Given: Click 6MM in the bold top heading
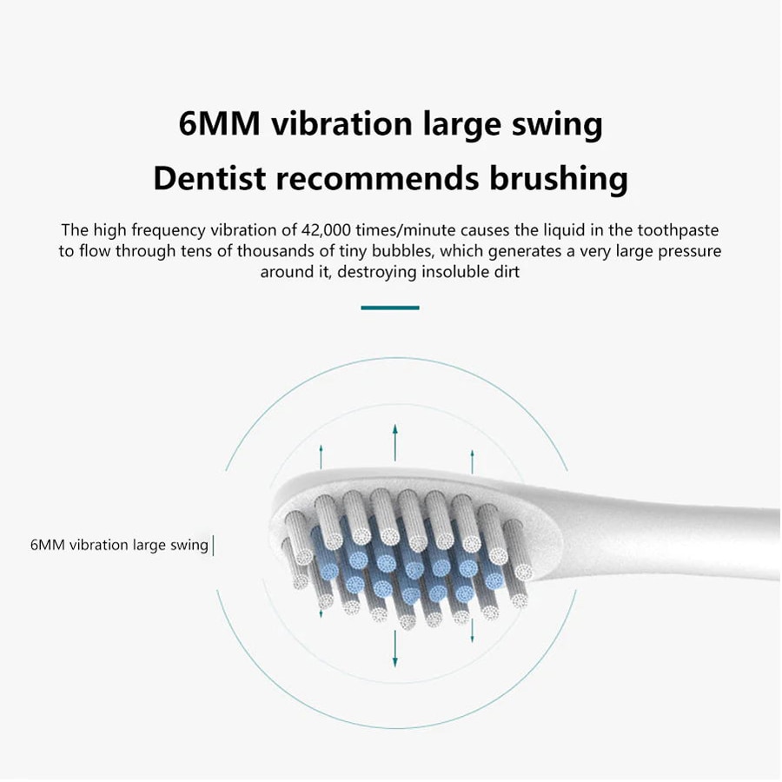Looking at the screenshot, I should click(x=219, y=123).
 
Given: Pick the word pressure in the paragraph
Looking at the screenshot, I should click(x=687, y=251).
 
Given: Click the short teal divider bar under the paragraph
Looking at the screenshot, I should click(x=390, y=308).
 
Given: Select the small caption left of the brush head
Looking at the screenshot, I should click(x=119, y=546).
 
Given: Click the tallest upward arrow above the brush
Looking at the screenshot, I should click(x=394, y=442).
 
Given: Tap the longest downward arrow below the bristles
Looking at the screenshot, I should click(x=394, y=648).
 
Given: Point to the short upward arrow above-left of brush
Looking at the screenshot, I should click(x=321, y=456).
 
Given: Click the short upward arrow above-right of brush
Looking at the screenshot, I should click(x=472, y=461).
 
